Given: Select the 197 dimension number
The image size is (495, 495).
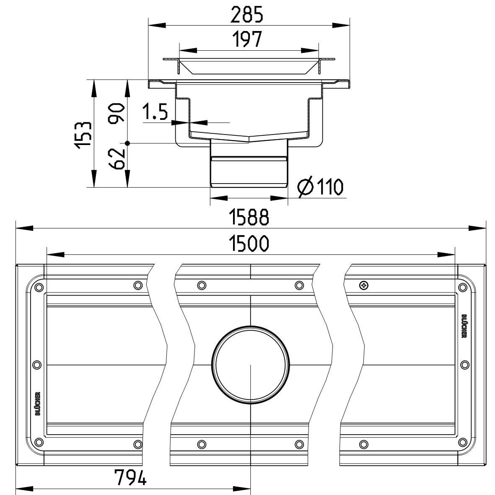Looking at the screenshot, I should pos(248,40).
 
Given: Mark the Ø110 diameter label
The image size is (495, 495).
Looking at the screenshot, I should pos(320,187).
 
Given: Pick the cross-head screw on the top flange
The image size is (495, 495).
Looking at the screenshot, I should pos(363,285).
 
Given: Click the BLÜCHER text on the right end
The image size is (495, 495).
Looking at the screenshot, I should pos(464,326).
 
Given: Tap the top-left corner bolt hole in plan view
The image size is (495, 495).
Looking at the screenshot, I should pos(39,288).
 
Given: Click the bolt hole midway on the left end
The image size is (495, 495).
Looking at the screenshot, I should pos(37,364).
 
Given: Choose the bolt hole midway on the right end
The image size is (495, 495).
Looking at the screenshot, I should pos(464,364).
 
